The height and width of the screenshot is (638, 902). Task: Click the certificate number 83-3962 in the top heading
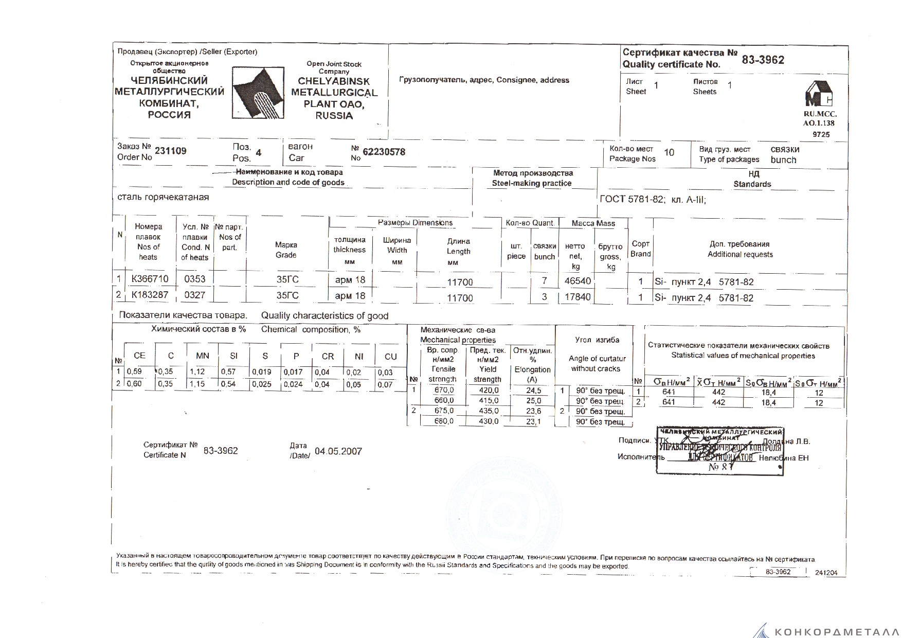tap(763, 60)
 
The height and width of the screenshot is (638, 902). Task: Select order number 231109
tap(171, 151)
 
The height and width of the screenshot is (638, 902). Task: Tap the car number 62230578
tap(384, 152)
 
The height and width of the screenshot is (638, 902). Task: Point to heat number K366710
tap(150, 279)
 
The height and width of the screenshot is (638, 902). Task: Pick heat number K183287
tap(150, 295)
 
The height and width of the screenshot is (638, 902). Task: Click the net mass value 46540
tap(578, 281)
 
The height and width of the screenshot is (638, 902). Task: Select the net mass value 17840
tap(578, 297)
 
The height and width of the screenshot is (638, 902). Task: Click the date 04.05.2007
tap(338, 452)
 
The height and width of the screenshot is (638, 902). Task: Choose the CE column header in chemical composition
tap(139, 356)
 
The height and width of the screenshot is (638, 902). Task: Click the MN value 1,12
tap(197, 372)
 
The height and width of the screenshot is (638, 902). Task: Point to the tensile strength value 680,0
tap(444, 421)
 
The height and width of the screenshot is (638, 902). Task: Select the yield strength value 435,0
tap(488, 411)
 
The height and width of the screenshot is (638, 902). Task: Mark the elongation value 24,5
tap(533, 391)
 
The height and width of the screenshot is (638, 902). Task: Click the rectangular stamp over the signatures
tap(720, 451)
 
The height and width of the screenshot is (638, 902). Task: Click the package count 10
tap(669, 153)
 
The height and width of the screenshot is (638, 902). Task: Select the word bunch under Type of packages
tap(783, 160)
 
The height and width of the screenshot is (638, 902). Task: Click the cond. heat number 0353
tap(194, 279)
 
